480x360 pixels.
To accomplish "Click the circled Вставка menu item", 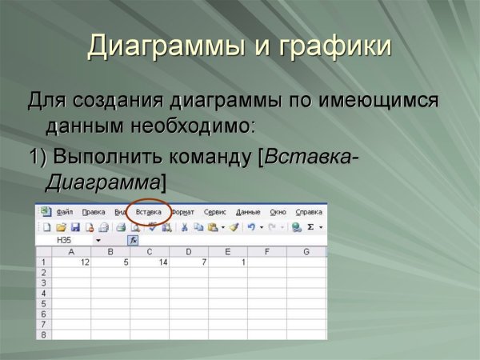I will tap(148, 212).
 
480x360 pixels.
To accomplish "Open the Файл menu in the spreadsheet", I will tap(65, 212).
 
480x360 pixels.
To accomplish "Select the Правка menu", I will tap(94, 212).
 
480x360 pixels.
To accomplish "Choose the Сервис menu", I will tap(215, 212).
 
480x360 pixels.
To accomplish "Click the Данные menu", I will tap(248, 212).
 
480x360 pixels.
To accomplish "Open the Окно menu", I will tap(278, 212).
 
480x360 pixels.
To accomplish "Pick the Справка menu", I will tap(309, 212).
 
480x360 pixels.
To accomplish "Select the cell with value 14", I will tap(150, 262).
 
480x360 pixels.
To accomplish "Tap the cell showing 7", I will tap(189, 262).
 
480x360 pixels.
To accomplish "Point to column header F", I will tap(266, 252).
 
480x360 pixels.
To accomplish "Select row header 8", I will tap(42, 334).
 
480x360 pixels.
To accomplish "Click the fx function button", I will tap(134, 239).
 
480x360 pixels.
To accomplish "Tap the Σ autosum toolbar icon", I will tap(310, 227).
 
